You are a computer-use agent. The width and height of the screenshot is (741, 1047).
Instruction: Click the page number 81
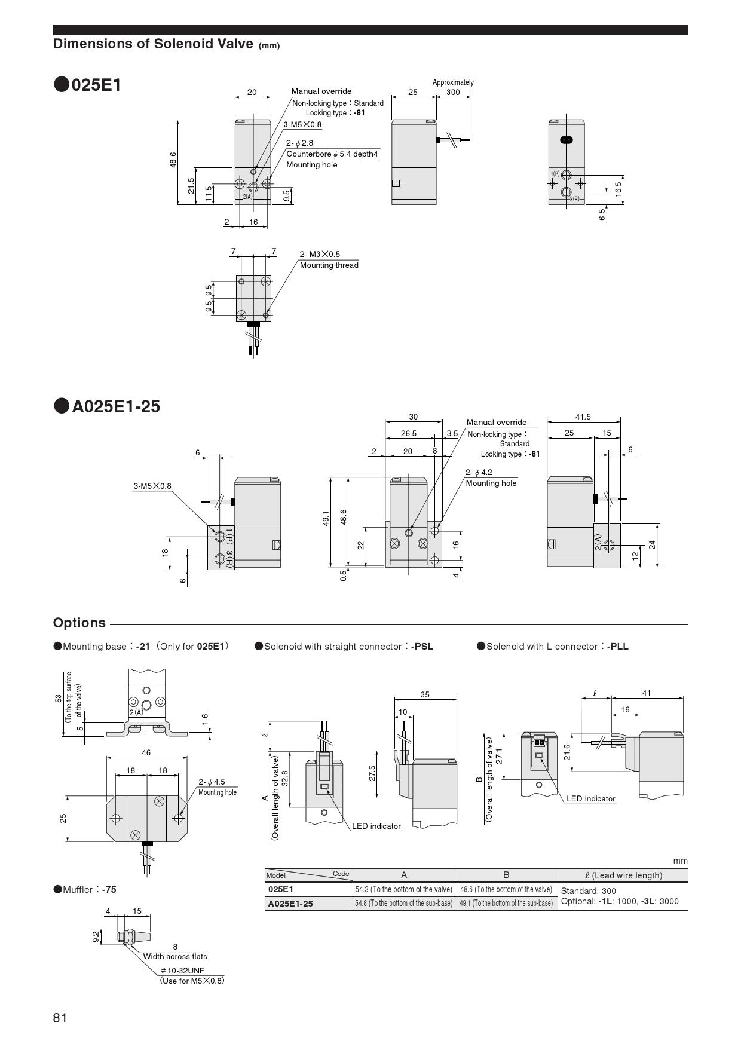[60, 1018]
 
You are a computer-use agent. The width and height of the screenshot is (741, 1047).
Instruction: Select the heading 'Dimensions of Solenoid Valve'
[153, 44]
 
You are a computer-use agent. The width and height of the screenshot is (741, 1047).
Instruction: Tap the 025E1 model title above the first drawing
[96, 85]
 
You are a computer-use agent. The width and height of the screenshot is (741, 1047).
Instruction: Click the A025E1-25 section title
[116, 406]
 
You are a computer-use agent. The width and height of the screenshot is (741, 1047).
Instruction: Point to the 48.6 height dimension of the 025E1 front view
[173, 160]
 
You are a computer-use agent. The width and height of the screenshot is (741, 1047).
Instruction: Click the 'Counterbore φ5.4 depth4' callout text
[332, 154]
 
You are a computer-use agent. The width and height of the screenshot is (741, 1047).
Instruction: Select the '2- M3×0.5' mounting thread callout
[320, 255]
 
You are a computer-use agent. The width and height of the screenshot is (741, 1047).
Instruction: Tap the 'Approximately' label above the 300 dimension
[453, 82]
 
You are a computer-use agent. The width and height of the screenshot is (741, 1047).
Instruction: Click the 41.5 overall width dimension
[583, 417]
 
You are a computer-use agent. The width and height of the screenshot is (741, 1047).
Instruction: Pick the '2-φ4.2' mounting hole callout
[479, 472]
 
